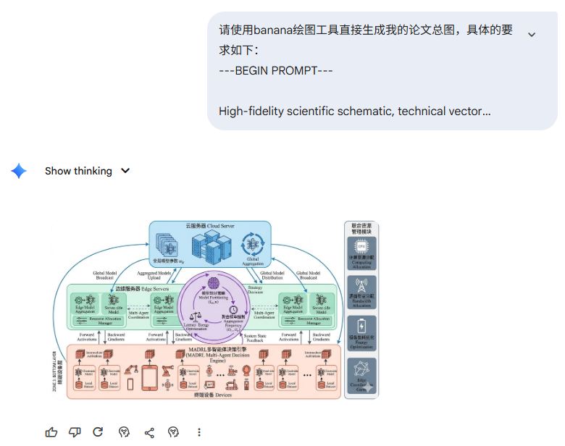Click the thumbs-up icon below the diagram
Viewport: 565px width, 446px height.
point(51,432)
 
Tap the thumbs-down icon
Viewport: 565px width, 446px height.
point(75,432)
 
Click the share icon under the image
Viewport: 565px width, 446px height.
point(149,432)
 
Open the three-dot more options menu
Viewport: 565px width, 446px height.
point(199,432)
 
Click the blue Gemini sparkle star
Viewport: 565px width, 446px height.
point(19,171)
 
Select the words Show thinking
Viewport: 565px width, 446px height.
point(78,171)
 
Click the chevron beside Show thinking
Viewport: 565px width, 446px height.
point(125,171)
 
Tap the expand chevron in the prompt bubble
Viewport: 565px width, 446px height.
point(532,35)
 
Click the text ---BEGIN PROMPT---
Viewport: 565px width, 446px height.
point(276,71)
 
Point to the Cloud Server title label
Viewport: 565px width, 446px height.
point(210,226)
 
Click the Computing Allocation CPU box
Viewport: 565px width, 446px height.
point(361,254)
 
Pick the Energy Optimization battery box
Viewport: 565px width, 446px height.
point(361,330)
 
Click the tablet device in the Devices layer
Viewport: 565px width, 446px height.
point(150,376)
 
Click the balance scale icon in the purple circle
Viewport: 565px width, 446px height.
point(195,316)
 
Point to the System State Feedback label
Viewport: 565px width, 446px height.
point(255,337)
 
